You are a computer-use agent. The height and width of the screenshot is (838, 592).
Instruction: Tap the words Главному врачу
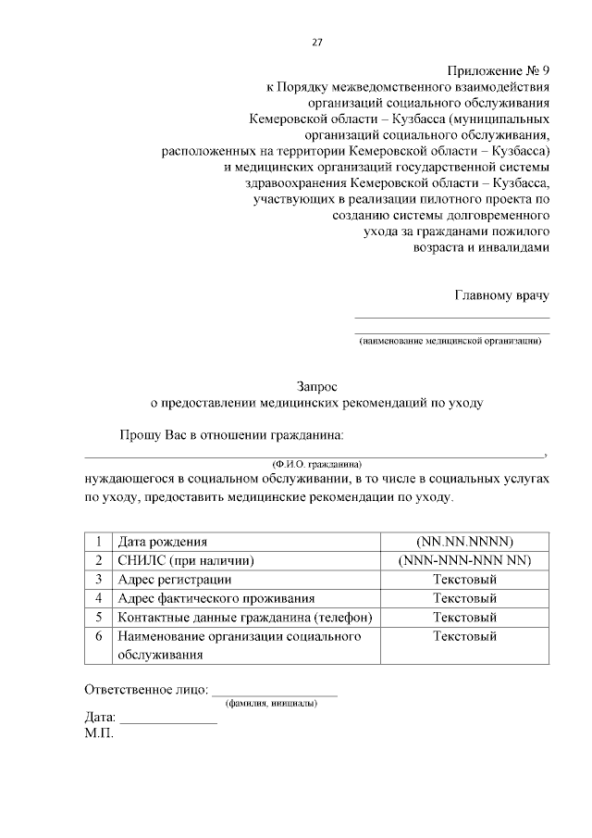pos(501,295)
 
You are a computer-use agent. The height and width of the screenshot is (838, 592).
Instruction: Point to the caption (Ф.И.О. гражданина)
pos(315,463)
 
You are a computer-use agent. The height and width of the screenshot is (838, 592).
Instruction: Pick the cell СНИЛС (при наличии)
pos(185,560)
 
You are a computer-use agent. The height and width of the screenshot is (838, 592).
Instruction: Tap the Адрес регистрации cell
pos(175,580)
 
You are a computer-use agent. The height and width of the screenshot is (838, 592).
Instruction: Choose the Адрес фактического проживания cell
pos(216,598)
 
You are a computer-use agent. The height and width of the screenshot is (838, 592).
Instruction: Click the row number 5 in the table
pos(98,618)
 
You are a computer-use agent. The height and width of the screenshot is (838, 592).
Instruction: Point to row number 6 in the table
pos(98,636)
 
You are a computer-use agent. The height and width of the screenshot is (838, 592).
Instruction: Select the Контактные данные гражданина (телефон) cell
pos(244,618)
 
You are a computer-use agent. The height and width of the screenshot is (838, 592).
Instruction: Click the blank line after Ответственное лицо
pos(275,691)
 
